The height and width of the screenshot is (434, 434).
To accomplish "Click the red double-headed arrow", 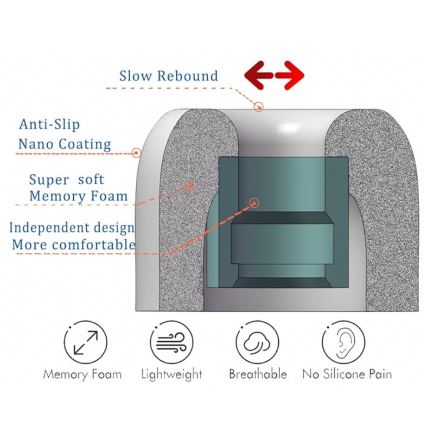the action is click(x=274, y=75).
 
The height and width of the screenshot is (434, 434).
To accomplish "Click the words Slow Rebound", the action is click(x=169, y=76).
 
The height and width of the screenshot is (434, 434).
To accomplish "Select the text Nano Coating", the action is click(x=65, y=144).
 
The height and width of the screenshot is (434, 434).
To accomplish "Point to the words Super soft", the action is click(x=67, y=179).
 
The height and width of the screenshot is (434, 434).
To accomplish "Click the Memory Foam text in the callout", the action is click(x=79, y=196).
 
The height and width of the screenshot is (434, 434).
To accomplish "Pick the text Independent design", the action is click(x=72, y=228).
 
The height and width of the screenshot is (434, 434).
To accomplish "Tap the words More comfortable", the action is click(x=74, y=245).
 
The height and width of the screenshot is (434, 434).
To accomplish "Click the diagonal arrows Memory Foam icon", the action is click(x=85, y=342).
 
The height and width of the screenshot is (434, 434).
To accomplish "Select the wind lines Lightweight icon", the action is click(x=172, y=342).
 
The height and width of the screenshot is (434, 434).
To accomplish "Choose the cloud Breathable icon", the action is click(x=257, y=342).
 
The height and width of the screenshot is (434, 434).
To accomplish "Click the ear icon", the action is click(x=344, y=342).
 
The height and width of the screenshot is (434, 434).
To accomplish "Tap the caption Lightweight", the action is click(x=172, y=375).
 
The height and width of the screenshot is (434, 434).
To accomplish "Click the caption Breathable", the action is click(x=258, y=374).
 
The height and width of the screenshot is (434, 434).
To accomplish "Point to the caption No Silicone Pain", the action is click(x=347, y=374).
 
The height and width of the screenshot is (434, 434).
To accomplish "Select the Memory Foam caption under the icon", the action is click(x=83, y=375).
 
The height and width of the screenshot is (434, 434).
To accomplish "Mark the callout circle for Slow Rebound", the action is click(x=259, y=107).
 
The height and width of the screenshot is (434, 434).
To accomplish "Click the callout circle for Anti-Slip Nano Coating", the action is click(x=136, y=153).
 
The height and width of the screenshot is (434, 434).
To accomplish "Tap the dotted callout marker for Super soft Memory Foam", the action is click(x=189, y=187).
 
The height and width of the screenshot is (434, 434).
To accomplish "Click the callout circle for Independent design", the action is click(x=254, y=203).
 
